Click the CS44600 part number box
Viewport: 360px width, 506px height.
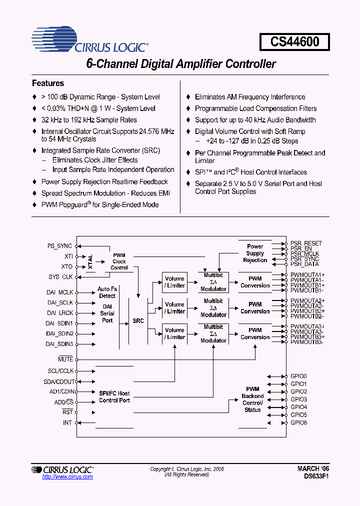pos(294,42)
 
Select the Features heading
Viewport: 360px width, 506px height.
pos(48,83)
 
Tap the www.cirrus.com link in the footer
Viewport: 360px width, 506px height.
pos(67,477)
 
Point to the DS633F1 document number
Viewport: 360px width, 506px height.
pos(313,476)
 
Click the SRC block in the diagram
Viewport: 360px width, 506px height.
pos(138,320)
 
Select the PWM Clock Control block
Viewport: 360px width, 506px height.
pos(119,261)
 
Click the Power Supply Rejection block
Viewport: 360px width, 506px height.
pos(255,253)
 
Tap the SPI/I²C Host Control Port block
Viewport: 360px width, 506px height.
pos(114,397)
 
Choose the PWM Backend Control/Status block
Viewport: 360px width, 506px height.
pos(252,399)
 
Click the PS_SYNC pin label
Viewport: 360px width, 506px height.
pos(60,246)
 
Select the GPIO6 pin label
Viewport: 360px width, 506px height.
pos(298,423)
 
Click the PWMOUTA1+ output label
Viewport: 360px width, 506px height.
pos(307,275)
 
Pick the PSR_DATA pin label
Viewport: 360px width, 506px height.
pos(304,264)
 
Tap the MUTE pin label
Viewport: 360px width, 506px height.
pos(65,359)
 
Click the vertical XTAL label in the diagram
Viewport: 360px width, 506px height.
pos(90,261)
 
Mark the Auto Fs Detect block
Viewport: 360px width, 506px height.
pos(107,292)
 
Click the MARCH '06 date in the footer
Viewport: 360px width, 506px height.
pos(313,468)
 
